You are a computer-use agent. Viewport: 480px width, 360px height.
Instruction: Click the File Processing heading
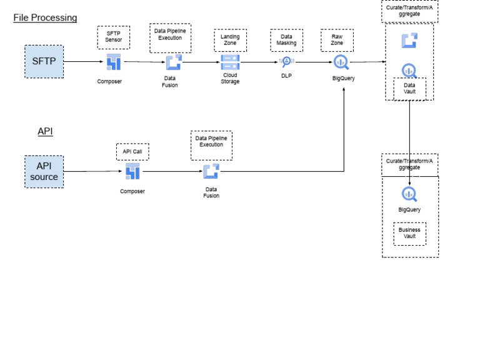45,17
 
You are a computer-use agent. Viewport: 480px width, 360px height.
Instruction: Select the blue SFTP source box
44,61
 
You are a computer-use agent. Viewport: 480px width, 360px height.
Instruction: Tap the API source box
44,171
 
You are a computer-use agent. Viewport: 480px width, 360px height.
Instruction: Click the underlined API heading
45,131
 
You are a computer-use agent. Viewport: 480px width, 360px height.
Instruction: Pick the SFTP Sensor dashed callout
113,37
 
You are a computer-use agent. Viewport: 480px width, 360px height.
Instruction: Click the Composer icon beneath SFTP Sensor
113,62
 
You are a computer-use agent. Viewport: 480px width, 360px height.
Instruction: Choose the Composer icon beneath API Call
132,171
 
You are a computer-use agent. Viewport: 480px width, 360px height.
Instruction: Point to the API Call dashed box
132,151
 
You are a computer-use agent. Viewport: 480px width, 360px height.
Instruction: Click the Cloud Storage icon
230,62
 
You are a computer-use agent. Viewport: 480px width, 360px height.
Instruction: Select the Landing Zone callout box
230,40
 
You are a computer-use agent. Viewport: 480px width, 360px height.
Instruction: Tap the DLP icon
286,61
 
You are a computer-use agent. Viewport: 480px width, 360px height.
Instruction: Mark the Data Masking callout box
286,40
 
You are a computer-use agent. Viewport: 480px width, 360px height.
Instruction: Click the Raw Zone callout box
337,40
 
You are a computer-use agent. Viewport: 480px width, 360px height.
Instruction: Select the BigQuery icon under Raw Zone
341,62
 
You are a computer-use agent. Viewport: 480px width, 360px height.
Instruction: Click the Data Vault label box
409,89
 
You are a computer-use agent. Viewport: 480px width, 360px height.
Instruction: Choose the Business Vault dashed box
409,233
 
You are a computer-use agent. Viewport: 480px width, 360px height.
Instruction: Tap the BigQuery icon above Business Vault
409,194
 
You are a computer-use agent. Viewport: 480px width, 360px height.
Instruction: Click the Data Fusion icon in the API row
211,171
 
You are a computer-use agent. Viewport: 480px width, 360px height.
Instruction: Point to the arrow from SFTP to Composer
84,61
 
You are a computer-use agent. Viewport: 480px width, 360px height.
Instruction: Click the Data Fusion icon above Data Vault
409,41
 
